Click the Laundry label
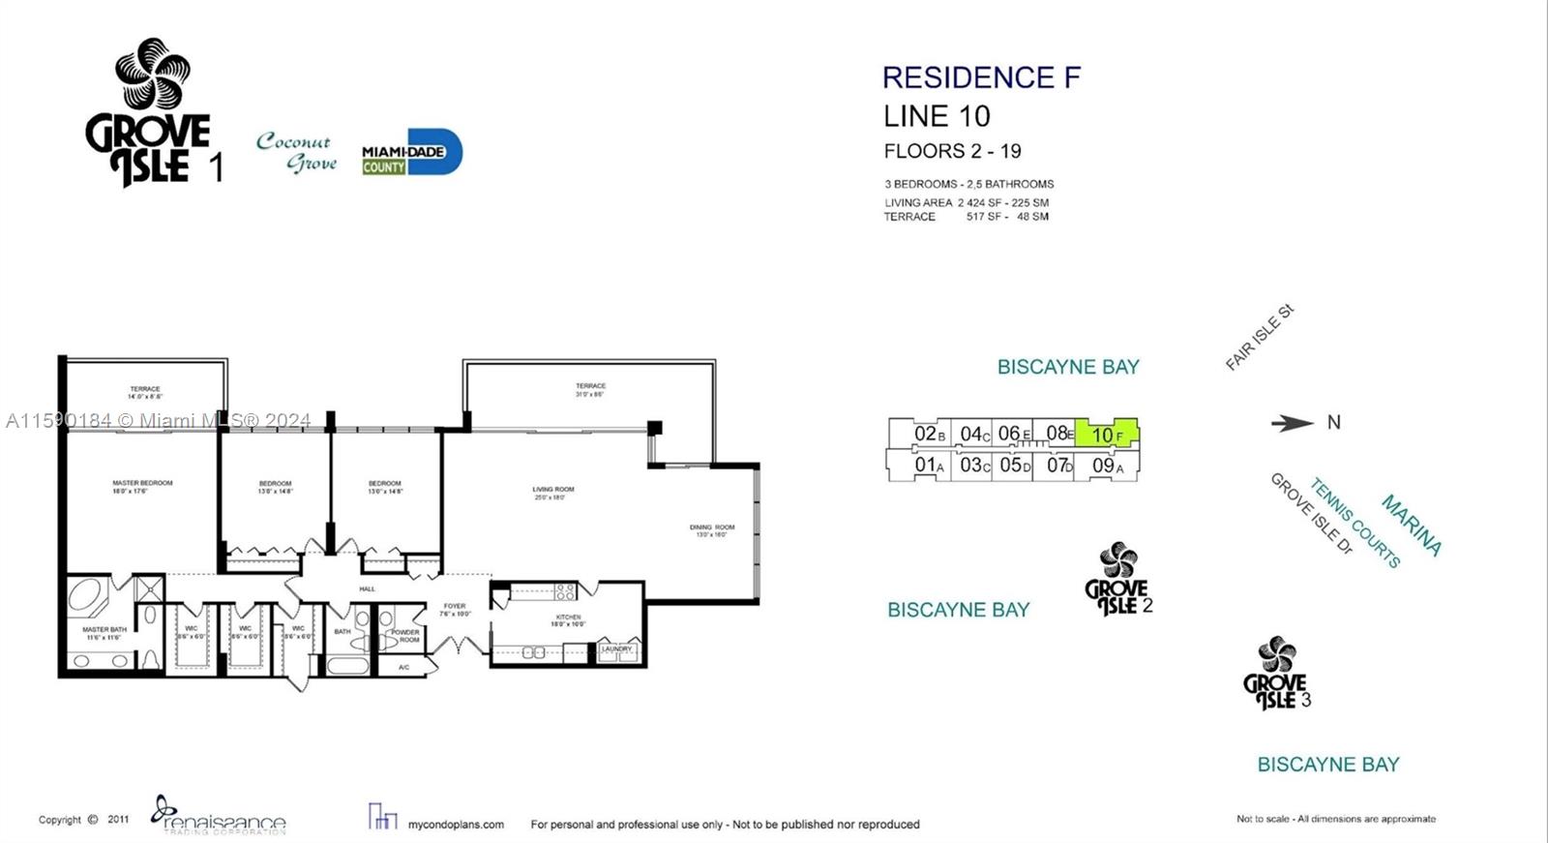(616, 648)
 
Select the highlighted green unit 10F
(1108, 434)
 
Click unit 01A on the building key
(928, 466)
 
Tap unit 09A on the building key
(1107, 466)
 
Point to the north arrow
(1292, 423)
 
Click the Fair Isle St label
(1259, 337)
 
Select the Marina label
(1411, 525)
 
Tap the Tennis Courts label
(1354, 523)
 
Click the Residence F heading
(981, 77)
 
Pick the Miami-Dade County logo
(412, 153)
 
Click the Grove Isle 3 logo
(1277, 674)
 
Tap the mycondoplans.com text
(456, 825)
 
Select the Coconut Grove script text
(297, 152)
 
